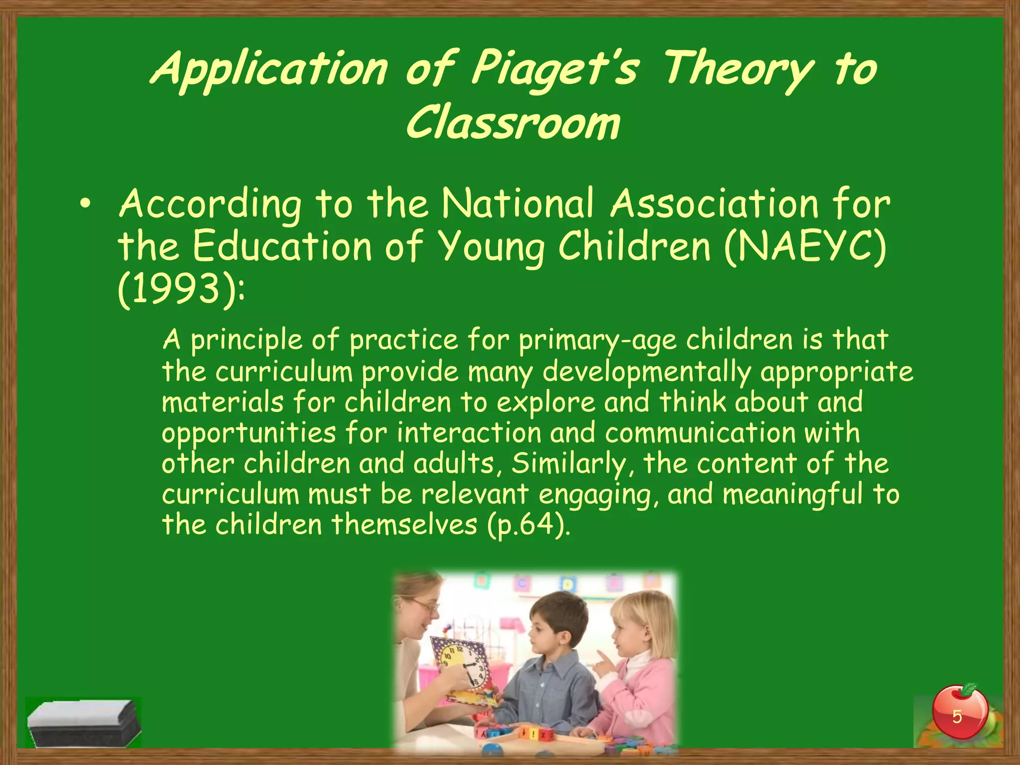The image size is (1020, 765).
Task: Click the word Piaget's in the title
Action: [554, 70]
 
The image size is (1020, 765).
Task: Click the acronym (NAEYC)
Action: [805, 247]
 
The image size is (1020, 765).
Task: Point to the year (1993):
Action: [181, 290]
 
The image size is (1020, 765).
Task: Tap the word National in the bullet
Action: [518, 204]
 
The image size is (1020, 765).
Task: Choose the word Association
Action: [715, 204]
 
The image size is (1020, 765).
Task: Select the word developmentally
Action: [646, 372]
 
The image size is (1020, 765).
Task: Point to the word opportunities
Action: [249, 433]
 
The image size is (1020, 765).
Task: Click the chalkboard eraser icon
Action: [83, 722]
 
